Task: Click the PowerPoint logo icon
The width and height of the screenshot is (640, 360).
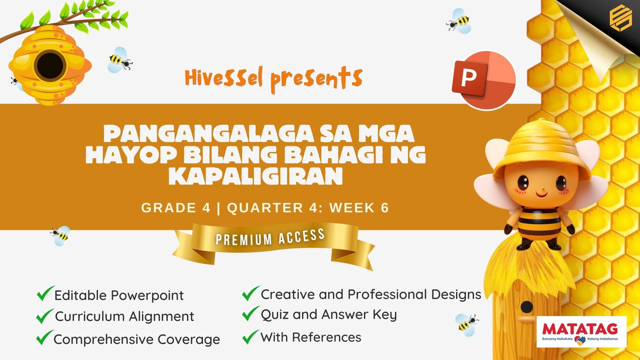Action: click(484, 80)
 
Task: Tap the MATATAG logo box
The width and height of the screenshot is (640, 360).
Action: click(582, 332)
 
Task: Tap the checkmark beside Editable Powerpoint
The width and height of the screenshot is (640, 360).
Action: click(45, 293)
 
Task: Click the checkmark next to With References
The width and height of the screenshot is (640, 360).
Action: click(251, 337)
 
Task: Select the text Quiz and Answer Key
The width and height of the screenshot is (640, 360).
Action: click(329, 315)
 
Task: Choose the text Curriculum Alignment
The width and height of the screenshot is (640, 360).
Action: click(124, 316)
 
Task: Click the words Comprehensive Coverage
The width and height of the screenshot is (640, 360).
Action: click(137, 339)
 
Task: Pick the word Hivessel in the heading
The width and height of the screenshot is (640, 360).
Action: click(224, 78)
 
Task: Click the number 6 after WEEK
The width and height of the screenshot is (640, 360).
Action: click(385, 208)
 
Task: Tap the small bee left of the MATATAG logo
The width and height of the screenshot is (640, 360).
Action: click(466, 322)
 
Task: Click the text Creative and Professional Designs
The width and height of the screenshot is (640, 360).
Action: click(371, 294)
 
